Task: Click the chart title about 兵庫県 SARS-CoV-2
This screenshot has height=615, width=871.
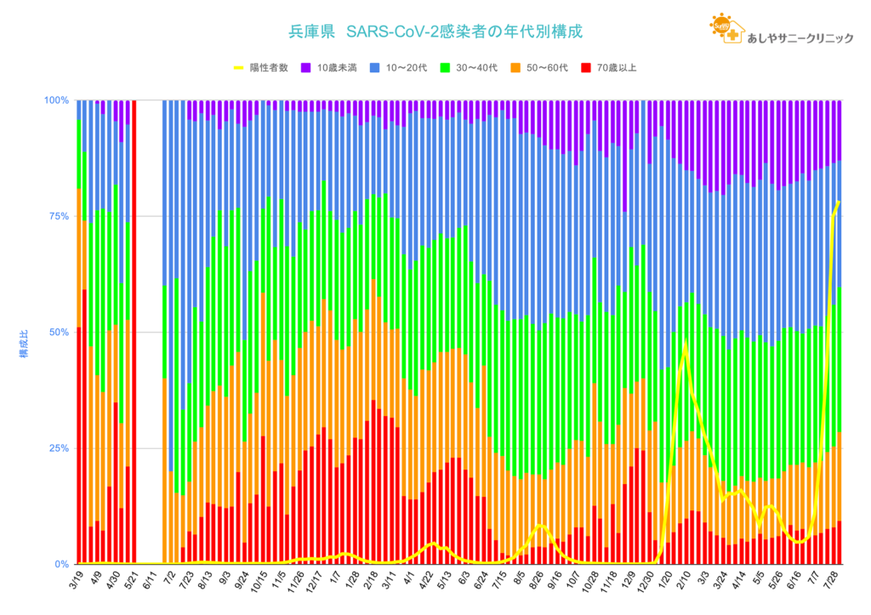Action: point(435,31)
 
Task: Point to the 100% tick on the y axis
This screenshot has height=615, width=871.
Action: point(56,100)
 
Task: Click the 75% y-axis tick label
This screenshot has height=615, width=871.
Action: point(59,216)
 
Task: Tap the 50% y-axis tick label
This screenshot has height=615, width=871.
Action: point(59,332)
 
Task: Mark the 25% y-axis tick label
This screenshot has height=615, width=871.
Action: point(59,448)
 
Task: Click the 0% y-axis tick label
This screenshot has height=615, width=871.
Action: point(61,564)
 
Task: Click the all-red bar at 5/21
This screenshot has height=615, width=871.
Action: point(134,332)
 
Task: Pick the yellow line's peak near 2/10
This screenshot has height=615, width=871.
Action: point(685,344)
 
